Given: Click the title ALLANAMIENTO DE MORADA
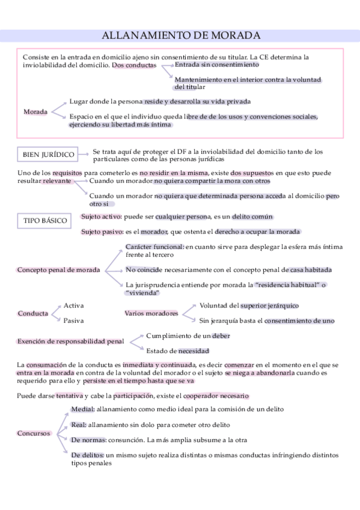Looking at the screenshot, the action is pos(182,35).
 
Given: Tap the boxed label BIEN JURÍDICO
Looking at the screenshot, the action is pos(49,155).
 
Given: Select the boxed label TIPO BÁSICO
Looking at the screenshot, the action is pos(45,221).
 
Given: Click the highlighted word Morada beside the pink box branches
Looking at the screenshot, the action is pos(35,112).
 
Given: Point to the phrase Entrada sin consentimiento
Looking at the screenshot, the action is pos(209,64).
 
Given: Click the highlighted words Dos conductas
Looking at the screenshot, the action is pos(134,65).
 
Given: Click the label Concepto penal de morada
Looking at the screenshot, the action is pos(58,269).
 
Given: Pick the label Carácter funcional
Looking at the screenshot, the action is pos(154,247).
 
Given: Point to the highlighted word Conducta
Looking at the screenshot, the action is pos(33,313).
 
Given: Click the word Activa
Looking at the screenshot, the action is pos(73,306).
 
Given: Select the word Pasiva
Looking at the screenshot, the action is pos(73,321).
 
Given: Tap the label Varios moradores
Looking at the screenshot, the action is pos(151,313).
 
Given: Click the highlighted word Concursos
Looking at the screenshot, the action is pos(34,433).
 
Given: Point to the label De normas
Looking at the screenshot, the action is pos(88,440).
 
